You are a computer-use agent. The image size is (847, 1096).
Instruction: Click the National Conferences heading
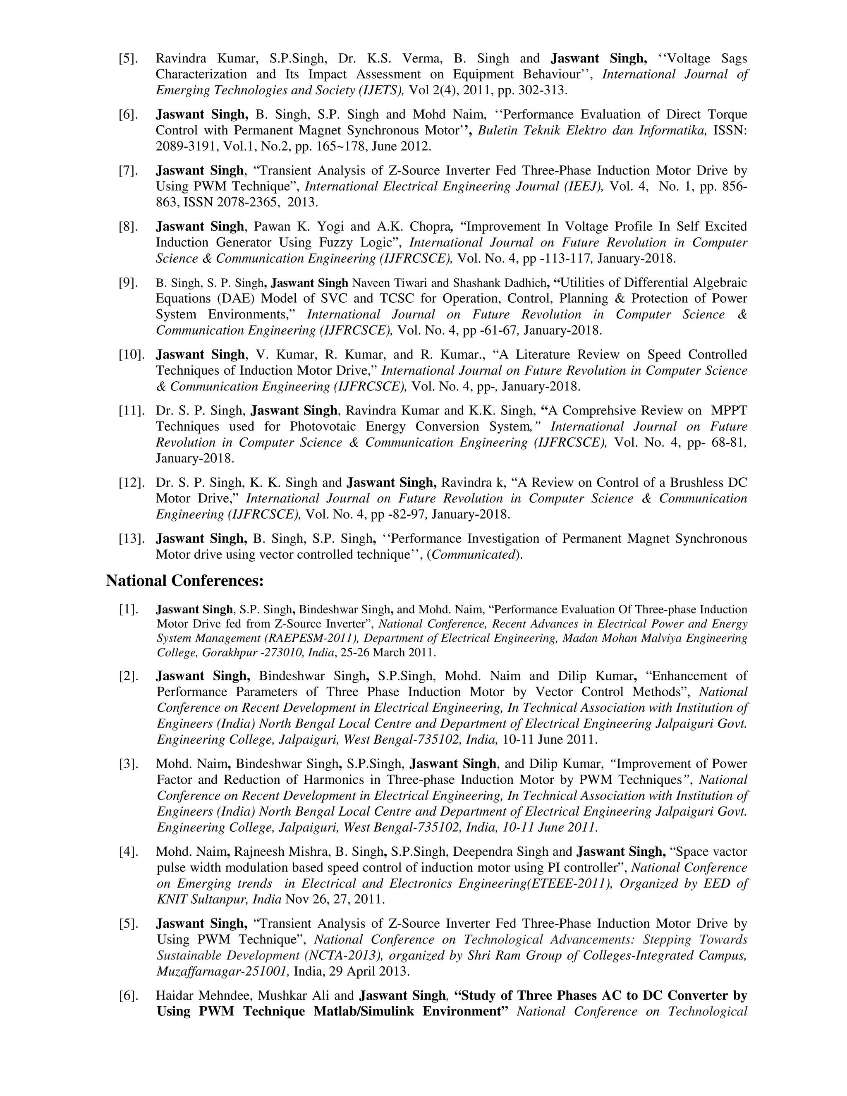[184, 581]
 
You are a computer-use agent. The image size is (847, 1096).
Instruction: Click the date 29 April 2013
[369, 971]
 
